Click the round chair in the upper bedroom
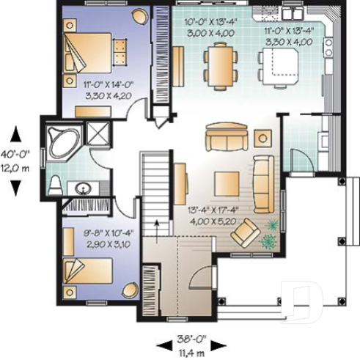click(x=138, y=17)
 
